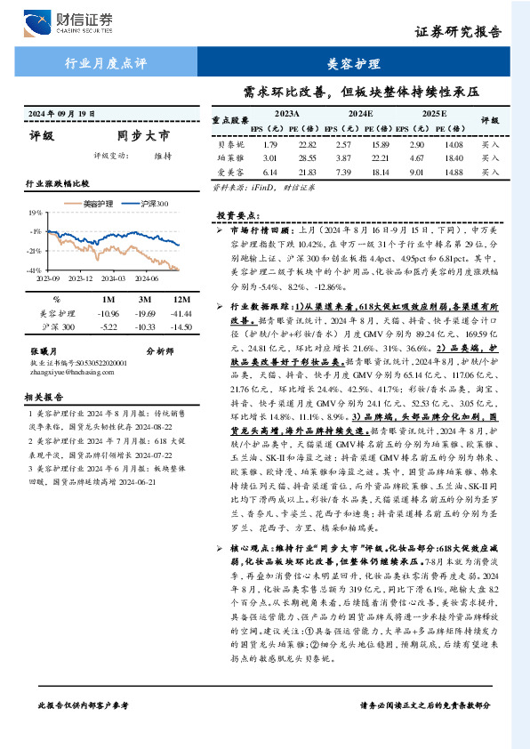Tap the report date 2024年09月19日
pyautogui.click(x=61, y=114)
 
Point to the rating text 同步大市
pyautogui.click(x=143, y=136)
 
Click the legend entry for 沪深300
pyautogui.click(x=157, y=204)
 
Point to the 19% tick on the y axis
pyautogui.click(x=36, y=213)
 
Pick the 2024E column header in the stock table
pyautogui.click(x=359, y=115)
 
